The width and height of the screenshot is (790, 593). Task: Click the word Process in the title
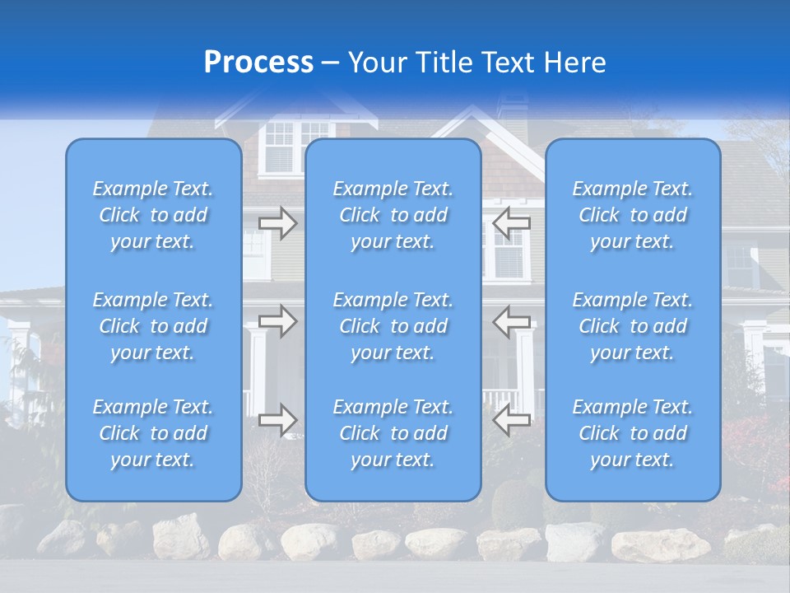click(x=258, y=63)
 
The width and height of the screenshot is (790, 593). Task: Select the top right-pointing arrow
click(x=278, y=223)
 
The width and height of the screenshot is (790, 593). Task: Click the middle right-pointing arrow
click(x=278, y=320)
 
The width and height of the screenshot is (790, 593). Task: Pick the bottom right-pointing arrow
click(x=278, y=419)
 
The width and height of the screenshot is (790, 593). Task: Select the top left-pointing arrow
click(x=511, y=223)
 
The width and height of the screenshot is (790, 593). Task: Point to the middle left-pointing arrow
click(x=511, y=320)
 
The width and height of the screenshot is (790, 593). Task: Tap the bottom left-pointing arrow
click(x=511, y=419)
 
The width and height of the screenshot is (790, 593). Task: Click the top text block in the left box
click(x=153, y=215)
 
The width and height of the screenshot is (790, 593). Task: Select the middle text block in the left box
click(x=153, y=326)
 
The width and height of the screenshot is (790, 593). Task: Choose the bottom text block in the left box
click(x=153, y=433)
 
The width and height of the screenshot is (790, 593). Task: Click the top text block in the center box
click(x=393, y=215)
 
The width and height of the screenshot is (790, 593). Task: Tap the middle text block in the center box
click(x=393, y=326)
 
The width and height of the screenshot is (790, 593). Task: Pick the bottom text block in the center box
click(x=393, y=433)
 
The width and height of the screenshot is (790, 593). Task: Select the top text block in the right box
click(x=633, y=215)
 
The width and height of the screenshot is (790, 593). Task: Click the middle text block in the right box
click(x=633, y=326)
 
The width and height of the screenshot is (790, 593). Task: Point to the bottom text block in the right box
click(x=633, y=433)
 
